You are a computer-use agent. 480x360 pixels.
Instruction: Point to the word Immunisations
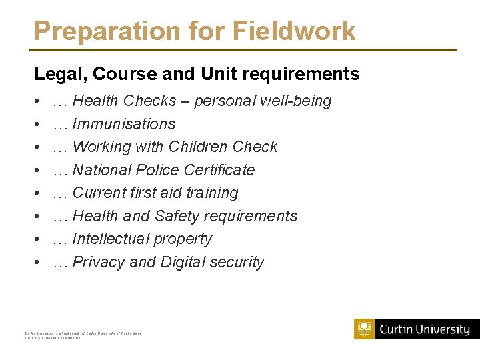[x=123, y=124]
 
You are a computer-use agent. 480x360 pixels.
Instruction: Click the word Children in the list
[x=199, y=147]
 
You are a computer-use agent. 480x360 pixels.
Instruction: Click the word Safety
[x=179, y=216]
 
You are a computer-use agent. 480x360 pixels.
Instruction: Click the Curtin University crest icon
[x=364, y=329]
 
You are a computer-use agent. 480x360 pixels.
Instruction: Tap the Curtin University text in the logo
[x=425, y=329]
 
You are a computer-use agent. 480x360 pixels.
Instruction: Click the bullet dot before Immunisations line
[x=37, y=125]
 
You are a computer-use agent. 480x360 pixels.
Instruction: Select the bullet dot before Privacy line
[x=37, y=263]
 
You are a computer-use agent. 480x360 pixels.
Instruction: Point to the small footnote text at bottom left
[x=83, y=335]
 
